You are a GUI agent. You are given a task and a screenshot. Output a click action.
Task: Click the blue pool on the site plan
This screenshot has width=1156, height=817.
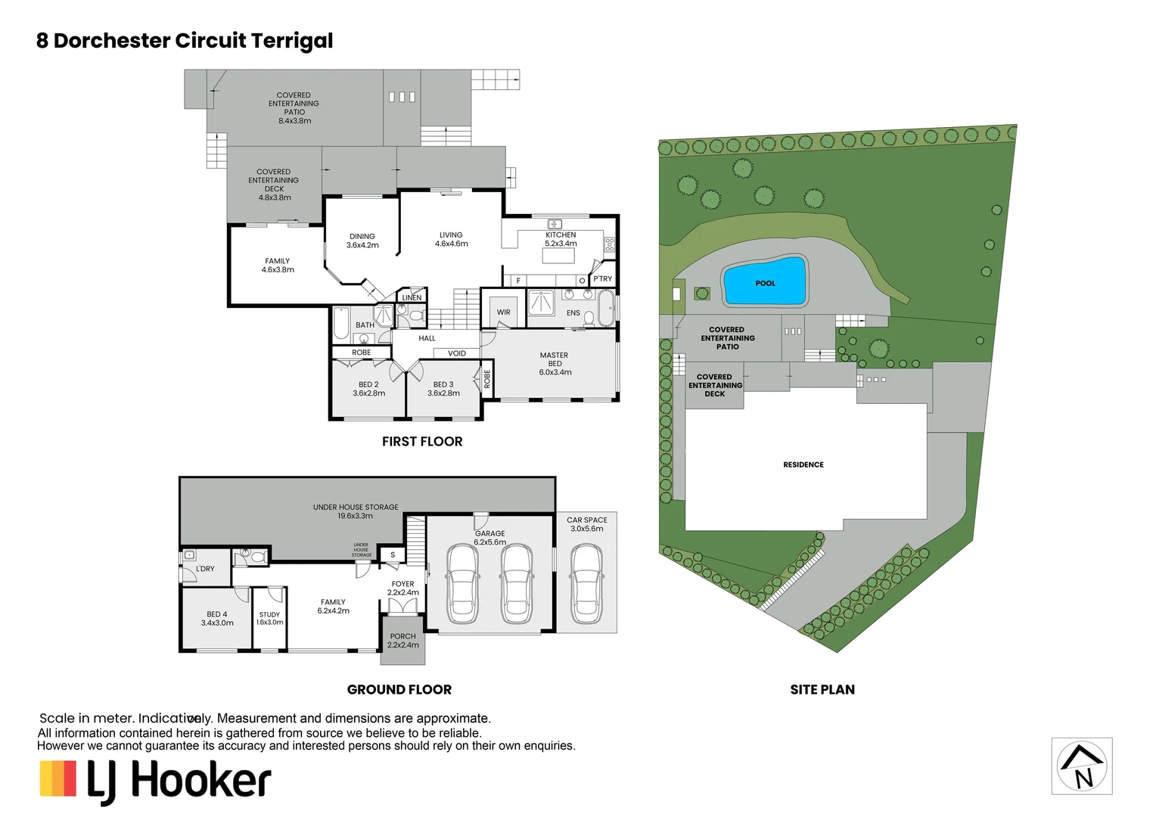click(765, 282)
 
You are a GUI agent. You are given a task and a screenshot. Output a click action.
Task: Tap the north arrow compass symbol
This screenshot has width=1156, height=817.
click(1082, 766)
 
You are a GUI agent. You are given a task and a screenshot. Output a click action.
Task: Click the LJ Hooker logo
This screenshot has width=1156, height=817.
click(156, 781)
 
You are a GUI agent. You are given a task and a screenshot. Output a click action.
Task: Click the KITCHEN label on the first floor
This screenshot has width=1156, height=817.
click(561, 235)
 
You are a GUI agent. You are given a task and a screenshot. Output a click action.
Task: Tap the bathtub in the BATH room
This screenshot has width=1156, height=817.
click(341, 324)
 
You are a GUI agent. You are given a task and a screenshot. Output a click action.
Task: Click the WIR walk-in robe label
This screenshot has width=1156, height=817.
click(504, 312)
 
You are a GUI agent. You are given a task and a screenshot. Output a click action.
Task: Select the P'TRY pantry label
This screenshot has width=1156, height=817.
click(603, 279)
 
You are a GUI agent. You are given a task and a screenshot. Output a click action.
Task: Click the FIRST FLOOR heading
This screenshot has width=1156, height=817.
click(422, 442)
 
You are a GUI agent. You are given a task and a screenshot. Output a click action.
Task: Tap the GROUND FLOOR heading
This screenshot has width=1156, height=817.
click(399, 690)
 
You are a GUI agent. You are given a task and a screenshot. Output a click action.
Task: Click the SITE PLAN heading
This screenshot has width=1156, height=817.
click(822, 690)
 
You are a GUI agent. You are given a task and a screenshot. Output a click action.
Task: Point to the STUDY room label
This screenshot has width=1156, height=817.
click(269, 615)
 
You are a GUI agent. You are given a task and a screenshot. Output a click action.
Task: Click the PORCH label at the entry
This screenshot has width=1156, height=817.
click(402, 636)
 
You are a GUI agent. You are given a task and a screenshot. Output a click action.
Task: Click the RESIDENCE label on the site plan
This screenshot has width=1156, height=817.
click(803, 464)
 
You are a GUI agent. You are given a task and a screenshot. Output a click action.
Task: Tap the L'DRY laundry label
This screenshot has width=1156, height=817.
click(205, 569)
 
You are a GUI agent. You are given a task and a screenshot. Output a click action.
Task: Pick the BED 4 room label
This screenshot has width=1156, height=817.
click(217, 614)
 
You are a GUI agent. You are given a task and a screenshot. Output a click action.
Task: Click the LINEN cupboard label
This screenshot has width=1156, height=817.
click(412, 297)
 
